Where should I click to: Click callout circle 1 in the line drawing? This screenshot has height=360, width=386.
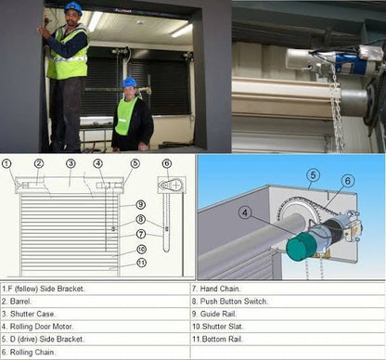coord(7,164)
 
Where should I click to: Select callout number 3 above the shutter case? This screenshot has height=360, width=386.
coord(70,164)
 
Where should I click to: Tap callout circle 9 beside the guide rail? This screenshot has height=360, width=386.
coord(140,204)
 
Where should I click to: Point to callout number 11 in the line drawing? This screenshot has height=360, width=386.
coord(140,263)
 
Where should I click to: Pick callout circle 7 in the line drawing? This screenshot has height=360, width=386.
coord(140,234)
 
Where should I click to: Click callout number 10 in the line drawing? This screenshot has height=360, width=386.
coord(140,249)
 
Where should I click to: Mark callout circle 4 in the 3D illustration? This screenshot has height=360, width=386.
coord(245,212)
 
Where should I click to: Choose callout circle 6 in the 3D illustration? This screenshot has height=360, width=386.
coord(346,180)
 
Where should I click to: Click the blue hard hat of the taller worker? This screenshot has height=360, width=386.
coord(72,7)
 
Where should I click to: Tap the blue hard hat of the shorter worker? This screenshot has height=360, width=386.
coord(130,83)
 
